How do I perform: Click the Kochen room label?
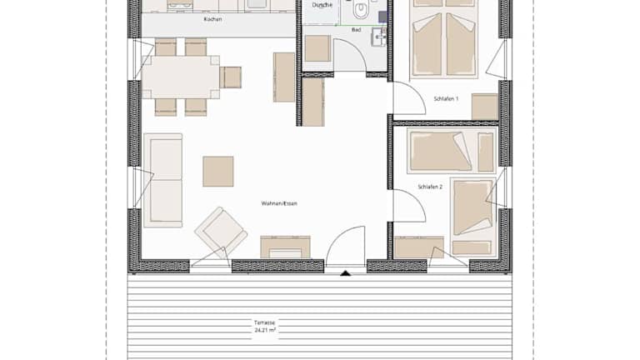212,19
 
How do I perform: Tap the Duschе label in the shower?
322,5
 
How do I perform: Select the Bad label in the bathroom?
356,30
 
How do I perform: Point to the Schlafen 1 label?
446,99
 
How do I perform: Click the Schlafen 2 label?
430,187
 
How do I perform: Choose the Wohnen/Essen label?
279,203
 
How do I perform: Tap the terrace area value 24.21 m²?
264,330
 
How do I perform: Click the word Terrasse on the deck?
264,322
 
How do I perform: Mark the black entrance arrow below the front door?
345,273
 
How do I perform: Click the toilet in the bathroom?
361,10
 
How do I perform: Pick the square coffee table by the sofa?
218,172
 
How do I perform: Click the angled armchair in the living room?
221,231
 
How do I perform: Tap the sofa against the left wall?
162,180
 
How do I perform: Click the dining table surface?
181,77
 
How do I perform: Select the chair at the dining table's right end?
231,77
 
